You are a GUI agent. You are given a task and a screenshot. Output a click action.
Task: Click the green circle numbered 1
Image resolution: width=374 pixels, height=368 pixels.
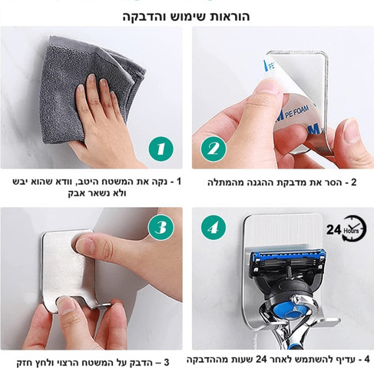tap(161, 149)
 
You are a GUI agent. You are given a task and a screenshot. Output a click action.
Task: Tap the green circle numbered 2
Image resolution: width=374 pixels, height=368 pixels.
tap(213, 149)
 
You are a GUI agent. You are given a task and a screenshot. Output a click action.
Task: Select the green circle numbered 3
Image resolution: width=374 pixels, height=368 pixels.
tap(161, 227)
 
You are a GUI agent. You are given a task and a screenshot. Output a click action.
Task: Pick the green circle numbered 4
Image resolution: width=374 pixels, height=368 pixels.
tap(213, 227)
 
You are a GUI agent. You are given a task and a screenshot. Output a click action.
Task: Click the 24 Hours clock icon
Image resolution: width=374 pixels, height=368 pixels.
tap(347, 228)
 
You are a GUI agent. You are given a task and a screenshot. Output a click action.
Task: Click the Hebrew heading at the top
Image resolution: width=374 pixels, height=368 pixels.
tap(186, 16)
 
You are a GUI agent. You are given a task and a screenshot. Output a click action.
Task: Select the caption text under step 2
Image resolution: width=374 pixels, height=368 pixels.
tap(282, 182)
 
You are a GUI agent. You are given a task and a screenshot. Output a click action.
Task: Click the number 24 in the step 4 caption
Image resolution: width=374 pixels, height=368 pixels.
tap(262, 359)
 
